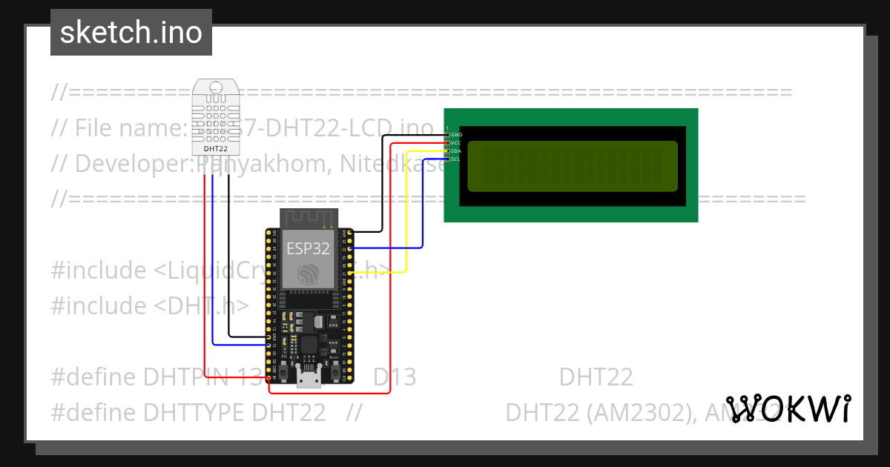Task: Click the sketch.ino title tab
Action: coord(131,33)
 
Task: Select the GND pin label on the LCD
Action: coord(456,134)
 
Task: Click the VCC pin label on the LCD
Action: coord(456,142)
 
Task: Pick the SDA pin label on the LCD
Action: coord(456,150)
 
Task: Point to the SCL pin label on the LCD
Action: coord(456,159)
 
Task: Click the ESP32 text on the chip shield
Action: coord(309,249)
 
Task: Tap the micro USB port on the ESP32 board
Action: coord(309,377)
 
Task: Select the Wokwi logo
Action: coord(788,409)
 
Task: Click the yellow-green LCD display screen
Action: coord(573,165)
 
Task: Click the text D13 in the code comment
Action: coord(395,377)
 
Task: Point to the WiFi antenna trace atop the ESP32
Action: coord(309,219)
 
